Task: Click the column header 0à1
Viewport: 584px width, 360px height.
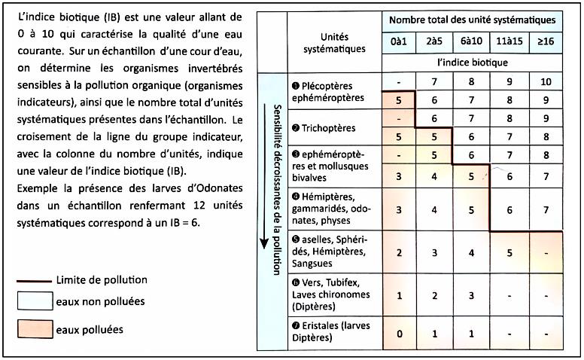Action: pyautogui.click(x=400, y=42)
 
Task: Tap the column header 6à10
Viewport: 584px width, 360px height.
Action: pyautogui.click(x=470, y=42)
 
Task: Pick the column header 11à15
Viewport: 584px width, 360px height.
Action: pyautogui.click(x=508, y=42)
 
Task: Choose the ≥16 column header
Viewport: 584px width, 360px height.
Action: pyautogui.click(x=546, y=42)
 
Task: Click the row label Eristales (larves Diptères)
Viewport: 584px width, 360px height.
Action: pyautogui.click(x=331, y=331)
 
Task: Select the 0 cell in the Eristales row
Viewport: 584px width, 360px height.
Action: pyautogui.click(x=400, y=332)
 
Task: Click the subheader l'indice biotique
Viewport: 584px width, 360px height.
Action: pyautogui.click(x=471, y=63)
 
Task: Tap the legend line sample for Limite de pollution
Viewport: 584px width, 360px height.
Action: pyautogui.click(x=34, y=279)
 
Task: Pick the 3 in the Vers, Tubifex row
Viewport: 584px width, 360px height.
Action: pyautogui.click(x=470, y=294)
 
